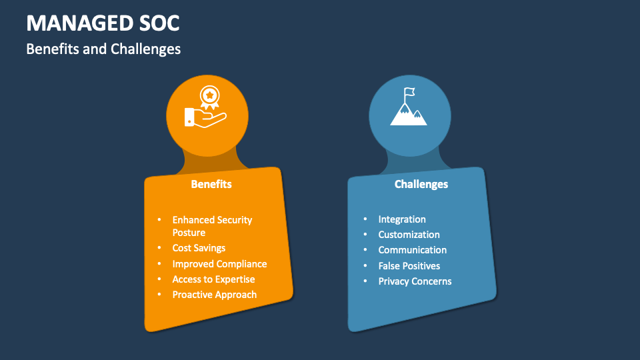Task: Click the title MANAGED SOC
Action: (103, 23)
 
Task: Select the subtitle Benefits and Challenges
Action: (103, 49)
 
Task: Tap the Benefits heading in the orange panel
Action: (211, 184)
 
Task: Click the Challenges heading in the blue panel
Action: (421, 184)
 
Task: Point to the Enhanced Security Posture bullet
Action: (212, 226)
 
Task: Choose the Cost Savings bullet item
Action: (199, 248)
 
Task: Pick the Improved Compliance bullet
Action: (219, 264)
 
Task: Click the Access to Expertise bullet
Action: (213, 279)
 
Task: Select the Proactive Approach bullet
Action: (214, 295)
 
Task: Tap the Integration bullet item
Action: (402, 219)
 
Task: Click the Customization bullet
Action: (409, 235)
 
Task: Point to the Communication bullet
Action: (412, 250)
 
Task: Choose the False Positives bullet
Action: (409, 266)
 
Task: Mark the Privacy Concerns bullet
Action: (415, 281)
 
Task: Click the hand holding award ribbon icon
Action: (206, 108)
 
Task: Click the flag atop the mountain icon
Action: (409, 92)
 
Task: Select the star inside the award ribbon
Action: (209, 95)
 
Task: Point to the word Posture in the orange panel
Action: (189, 233)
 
